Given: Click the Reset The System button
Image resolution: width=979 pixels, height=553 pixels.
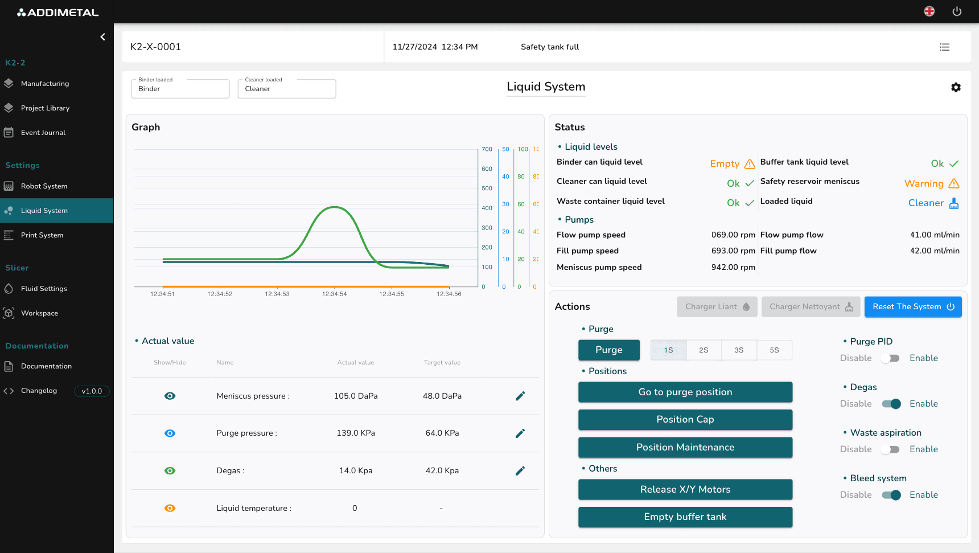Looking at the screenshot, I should [x=912, y=306].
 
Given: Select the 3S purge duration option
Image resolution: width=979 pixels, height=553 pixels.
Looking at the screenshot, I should [x=739, y=350].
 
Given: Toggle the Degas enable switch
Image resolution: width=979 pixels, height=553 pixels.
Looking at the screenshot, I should [x=891, y=404].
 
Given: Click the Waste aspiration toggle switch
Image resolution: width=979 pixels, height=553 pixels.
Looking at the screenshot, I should [x=890, y=449].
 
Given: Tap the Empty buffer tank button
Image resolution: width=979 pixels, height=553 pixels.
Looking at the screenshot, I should [x=685, y=517].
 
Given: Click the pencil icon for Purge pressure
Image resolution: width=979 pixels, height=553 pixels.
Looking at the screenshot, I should [x=520, y=433].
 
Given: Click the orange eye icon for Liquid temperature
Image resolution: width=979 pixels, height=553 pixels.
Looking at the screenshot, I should [x=170, y=508].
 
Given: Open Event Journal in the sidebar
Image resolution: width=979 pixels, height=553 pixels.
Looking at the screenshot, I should [x=43, y=133].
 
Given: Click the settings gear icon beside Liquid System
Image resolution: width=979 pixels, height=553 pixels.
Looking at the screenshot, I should [x=956, y=87].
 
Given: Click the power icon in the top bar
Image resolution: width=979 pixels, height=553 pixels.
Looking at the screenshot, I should [x=957, y=11].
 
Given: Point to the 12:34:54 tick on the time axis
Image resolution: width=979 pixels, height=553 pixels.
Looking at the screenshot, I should [x=334, y=294].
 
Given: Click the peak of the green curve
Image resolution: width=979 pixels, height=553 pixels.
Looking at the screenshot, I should [x=335, y=207].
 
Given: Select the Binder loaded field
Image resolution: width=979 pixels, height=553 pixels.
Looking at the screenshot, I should [x=180, y=89].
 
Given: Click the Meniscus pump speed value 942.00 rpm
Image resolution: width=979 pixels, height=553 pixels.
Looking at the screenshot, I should [x=733, y=267].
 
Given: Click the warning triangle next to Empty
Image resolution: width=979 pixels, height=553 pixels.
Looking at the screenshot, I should [x=750, y=164].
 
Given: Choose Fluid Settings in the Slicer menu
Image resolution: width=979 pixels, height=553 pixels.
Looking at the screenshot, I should [x=44, y=289].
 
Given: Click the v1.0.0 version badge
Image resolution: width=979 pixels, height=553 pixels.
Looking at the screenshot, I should [x=92, y=391].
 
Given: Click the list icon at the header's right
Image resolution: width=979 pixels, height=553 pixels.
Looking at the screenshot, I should [x=944, y=47].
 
